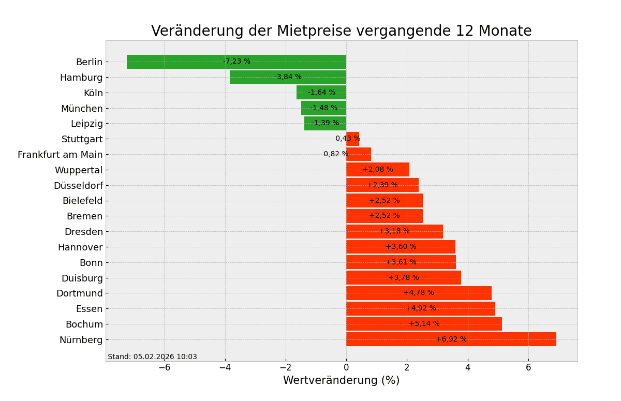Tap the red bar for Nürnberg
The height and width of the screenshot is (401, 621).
393,339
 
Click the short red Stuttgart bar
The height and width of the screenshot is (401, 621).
353,139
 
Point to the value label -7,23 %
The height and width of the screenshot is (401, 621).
236,62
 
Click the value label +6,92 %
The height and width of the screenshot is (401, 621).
451,339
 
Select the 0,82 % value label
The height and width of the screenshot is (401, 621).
336,154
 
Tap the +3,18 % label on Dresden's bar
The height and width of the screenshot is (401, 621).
394,231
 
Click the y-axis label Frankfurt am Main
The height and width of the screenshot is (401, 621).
60,155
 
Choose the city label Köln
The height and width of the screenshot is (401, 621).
93,93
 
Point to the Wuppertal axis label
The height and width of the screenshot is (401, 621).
79,170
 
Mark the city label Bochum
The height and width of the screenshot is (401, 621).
84,324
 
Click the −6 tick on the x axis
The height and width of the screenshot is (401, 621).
164,367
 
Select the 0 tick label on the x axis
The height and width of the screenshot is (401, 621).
346,367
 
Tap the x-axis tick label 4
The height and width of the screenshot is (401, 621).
468,367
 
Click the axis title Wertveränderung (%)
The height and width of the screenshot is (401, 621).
341,381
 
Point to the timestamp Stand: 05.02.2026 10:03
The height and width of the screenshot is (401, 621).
152,357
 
